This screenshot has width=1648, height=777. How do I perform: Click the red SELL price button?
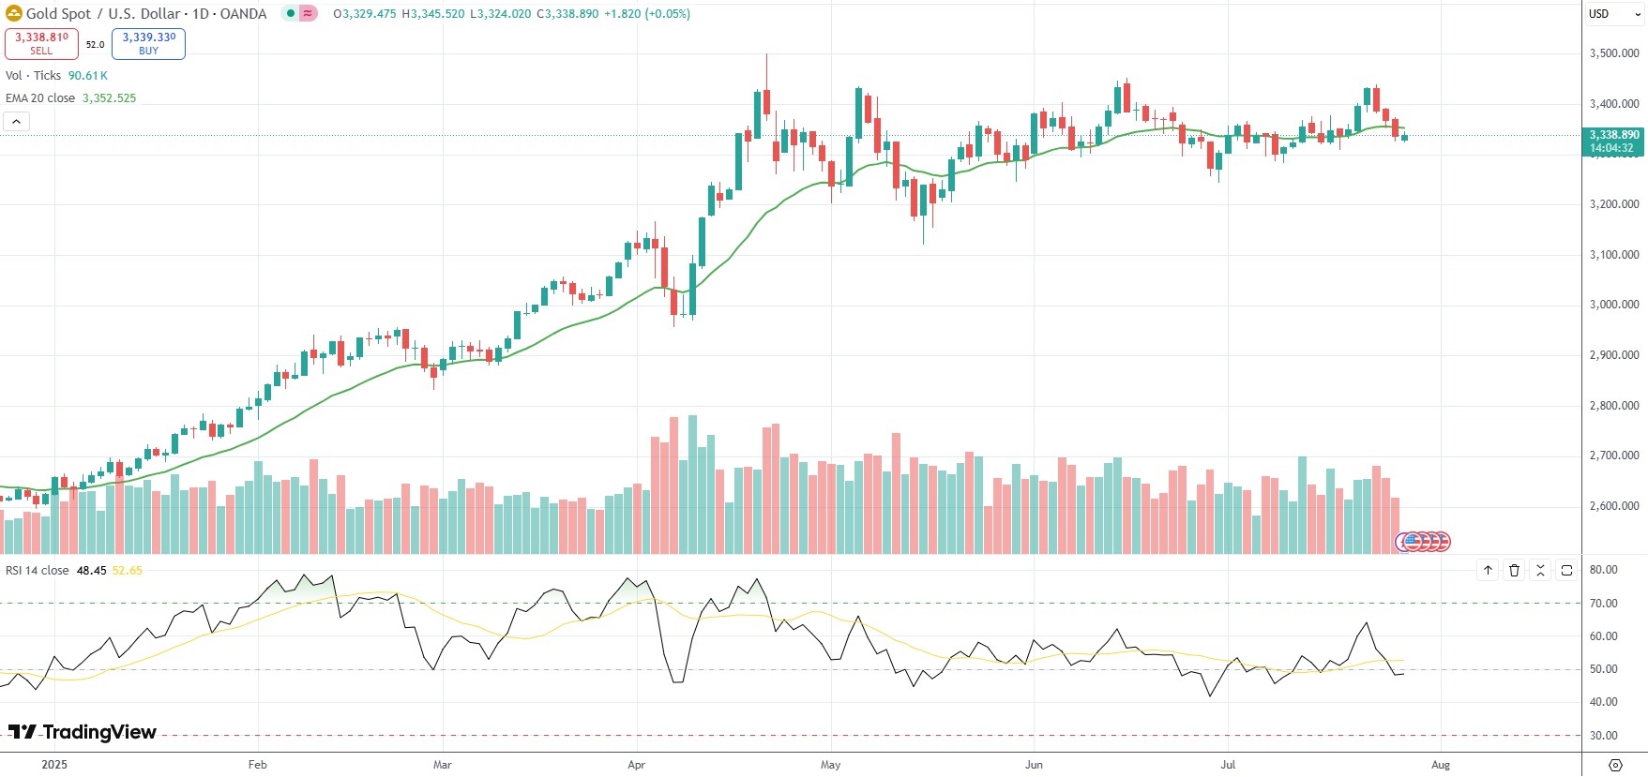click(x=41, y=43)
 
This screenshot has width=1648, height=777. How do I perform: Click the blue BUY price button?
click(x=148, y=43)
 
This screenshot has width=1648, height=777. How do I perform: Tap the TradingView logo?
click(x=83, y=732)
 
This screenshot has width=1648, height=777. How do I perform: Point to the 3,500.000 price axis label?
click(x=1613, y=53)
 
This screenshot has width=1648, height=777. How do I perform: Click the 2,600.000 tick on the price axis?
click(x=1613, y=506)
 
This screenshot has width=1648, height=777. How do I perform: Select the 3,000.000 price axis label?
click(x=1613, y=305)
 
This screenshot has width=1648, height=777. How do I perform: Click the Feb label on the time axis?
click(x=257, y=765)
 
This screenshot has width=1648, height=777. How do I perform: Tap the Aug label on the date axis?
click(x=1441, y=765)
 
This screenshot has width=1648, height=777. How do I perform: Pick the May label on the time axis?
click(x=830, y=765)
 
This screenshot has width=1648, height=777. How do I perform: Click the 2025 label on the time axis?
click(x=54, y=765)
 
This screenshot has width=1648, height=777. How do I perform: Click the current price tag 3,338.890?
click(x=1613, y=141)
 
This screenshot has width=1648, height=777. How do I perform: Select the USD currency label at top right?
click(x=1599, y=14)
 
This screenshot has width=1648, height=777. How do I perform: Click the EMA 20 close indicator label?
click(x=40, y=98)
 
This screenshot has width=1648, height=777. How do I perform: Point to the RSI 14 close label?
click(x=38, y=571)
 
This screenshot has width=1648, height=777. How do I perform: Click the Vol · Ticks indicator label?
click(x=33, y=76)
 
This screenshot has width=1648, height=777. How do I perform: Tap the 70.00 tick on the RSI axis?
click(x=1603, y=604)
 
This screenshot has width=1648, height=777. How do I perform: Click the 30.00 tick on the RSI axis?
click(x=1603, y=736)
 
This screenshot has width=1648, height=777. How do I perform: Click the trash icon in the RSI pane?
click(x=1514, y=570)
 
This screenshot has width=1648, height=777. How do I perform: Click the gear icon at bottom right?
click(x=1615, y=765)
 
